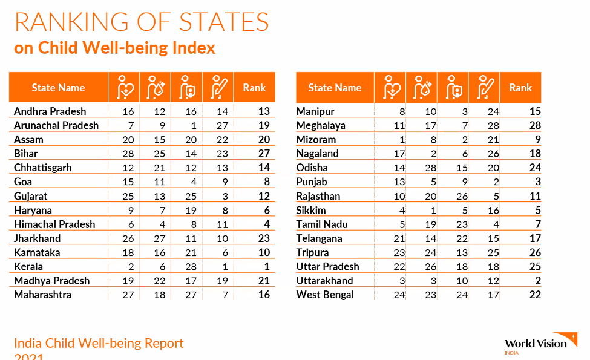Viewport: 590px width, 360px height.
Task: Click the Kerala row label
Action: [28, 267]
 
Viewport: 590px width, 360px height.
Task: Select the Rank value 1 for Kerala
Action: [265, 267]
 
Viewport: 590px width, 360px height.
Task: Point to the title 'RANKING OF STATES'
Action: [142, 22]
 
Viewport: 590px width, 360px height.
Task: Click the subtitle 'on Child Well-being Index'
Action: [114, 48]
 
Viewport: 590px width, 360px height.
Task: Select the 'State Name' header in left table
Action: [58, 88]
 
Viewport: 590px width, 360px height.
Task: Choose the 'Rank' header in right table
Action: [520, 88]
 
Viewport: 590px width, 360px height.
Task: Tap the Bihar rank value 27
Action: [263, 154]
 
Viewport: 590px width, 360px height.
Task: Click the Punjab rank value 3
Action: [537, 182]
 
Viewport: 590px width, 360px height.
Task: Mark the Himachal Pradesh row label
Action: [54, 224]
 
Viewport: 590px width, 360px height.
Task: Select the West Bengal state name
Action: [325, 295]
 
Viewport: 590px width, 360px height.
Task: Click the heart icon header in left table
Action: [124, 88]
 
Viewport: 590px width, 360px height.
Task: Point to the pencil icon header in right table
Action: [484, 88]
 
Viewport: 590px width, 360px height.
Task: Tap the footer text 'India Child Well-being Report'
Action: [99, 344]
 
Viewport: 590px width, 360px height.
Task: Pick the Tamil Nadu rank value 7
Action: [537, 224]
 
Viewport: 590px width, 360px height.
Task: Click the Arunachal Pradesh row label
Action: [56, 125]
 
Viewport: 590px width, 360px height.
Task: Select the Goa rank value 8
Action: [266, 182]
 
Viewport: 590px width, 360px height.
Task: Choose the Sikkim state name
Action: [311, 210]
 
